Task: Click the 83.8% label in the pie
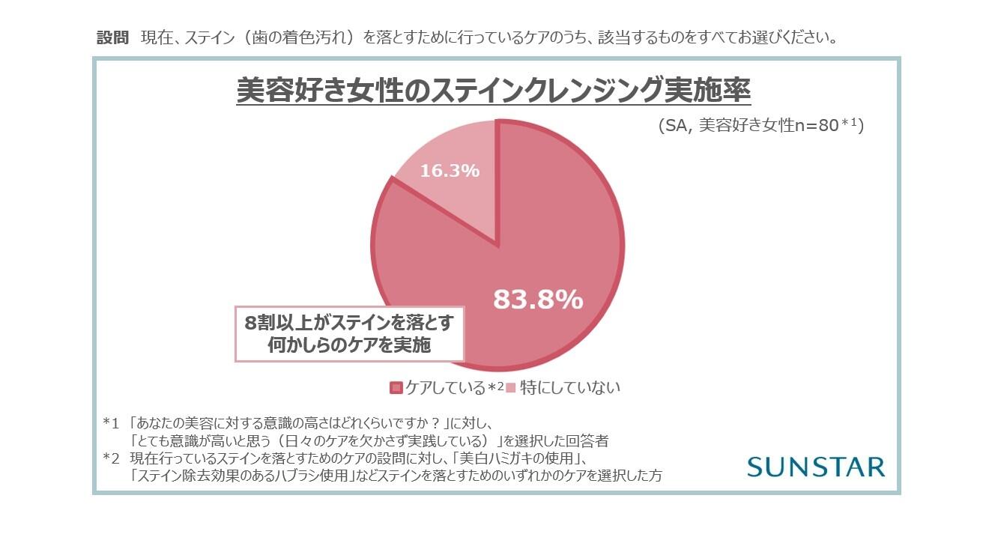[x=537, y=300]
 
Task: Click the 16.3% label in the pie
[x=449, y=171]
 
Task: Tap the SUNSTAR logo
[x=816, y=467]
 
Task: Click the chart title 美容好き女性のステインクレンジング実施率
[x=493, y=91]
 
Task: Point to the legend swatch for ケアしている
[x=396, y=388]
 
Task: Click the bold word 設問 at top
[x=113, y=38]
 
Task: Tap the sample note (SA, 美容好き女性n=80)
[x=760, y=126]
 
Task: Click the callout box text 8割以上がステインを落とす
[x=349, y=323]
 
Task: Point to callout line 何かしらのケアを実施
[x=349, y=345]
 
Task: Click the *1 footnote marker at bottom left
[x=111, y=422]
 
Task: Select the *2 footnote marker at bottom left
[x=111, y=458]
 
